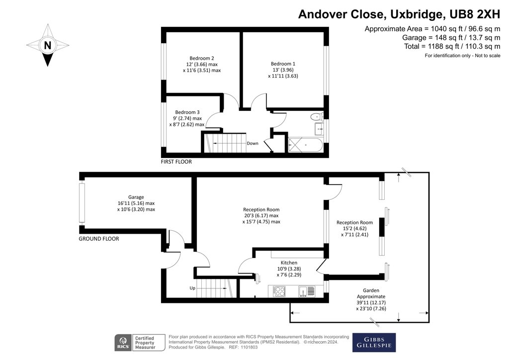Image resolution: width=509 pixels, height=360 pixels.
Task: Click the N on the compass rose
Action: [x=48, y=45]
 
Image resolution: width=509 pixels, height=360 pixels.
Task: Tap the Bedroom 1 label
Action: [x=283, y=64]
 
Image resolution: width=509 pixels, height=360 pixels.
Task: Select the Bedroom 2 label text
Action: [x=201, y=58]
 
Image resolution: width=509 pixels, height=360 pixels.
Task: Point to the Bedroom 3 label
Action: [x=187, y=112]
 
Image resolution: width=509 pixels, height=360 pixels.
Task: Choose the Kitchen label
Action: [x=289, y=263]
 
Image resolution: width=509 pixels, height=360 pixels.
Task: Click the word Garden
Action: [x=371, y=290]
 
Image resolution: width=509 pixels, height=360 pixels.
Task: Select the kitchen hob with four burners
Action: [x=279, y=291]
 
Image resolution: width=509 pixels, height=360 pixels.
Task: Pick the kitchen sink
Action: [x=305, y=291]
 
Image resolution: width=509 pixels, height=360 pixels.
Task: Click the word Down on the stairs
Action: [x=253, y=143]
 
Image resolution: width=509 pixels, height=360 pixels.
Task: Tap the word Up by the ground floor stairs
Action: [x=192, y=288]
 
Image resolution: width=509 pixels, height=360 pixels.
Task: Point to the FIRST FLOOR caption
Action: [x=176, y=162]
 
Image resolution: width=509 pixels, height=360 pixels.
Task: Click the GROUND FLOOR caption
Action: [x=99, y=239]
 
